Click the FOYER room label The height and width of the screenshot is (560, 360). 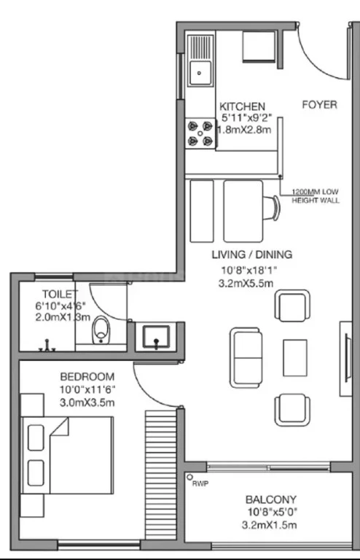point(319,105)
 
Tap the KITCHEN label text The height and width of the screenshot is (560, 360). point(242,106)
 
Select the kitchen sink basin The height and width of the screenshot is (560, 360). point(200,73)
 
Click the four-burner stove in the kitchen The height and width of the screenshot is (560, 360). point(200,133)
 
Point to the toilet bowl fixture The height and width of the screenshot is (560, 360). point(101,330)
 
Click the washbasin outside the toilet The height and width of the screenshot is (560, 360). point(156,337)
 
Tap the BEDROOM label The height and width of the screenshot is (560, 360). point(87,377)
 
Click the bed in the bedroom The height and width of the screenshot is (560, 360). point(67,455)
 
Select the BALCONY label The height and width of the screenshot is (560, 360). point(271,499)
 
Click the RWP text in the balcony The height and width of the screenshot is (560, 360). point(200,483)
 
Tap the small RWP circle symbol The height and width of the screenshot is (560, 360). point(189,477)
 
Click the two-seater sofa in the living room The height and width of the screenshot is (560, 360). point(246,358)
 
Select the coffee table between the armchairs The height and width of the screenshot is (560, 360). point(295,358)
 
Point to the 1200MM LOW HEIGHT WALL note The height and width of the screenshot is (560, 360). point(315,196)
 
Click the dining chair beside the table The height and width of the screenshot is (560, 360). point(272,209)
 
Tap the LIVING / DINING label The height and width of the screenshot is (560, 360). point(252,254)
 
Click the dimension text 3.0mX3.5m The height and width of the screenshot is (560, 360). point(87,402)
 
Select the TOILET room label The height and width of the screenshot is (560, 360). point(60,294)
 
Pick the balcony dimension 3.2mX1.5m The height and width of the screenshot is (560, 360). point(269,525)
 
